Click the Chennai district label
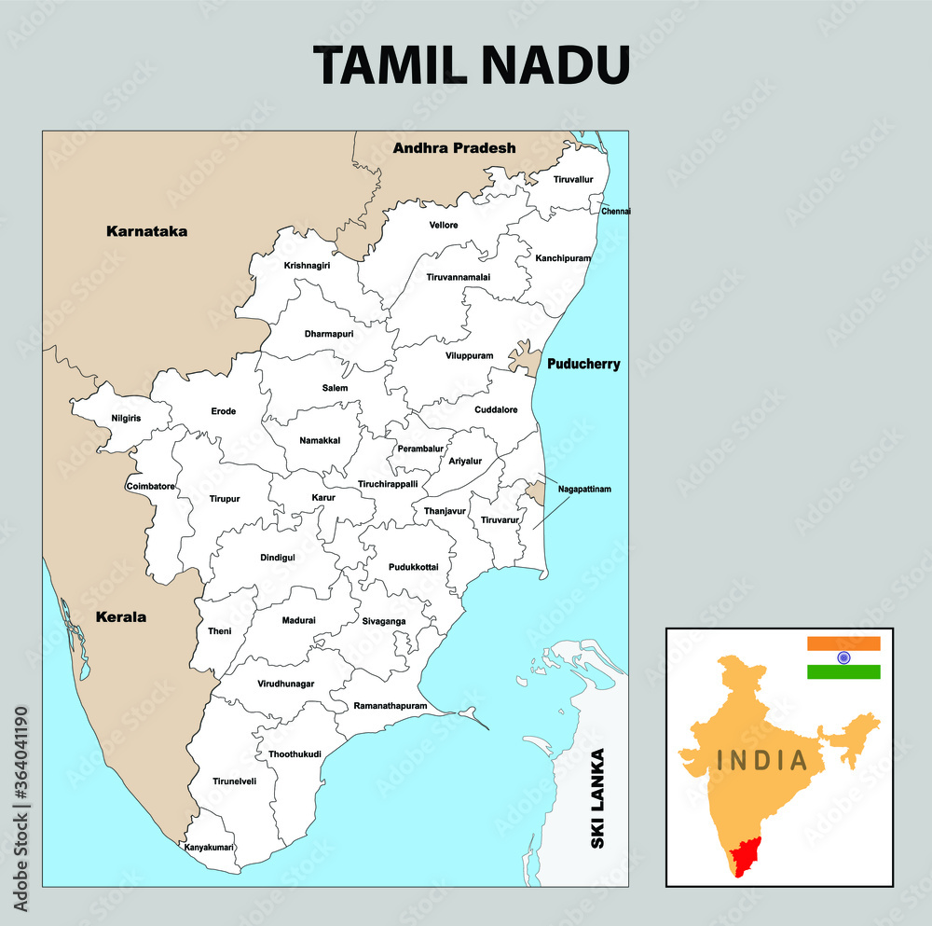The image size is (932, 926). [616, 212]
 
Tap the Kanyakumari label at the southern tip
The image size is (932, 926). [209, 847]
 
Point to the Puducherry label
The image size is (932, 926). [583, 364]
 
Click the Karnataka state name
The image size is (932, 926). [146, 230]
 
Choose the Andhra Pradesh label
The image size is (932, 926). [454, 147]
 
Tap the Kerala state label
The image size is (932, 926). [121, 616]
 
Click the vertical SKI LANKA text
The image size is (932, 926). [597, 798]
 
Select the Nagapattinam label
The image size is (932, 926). [584, 489]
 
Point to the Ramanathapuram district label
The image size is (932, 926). [391, 706]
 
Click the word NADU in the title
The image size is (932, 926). [555, 65]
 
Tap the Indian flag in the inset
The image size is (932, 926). [843, 657]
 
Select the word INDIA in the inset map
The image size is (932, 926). [762, 760]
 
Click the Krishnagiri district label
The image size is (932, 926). [307, 266]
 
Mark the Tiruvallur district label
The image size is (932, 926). [573, 179]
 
